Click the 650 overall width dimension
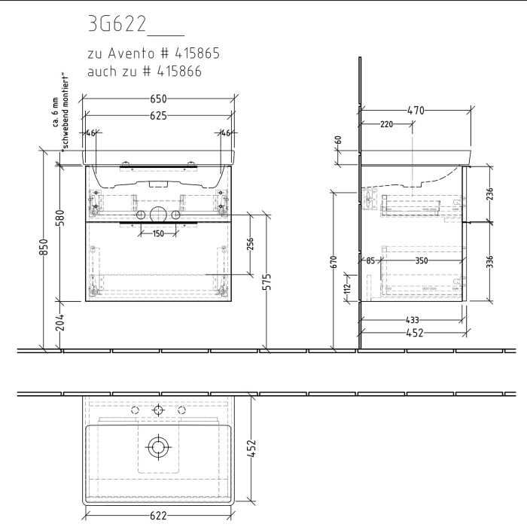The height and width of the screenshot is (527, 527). coord(157,99)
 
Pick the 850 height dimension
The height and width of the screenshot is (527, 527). coord(44,248)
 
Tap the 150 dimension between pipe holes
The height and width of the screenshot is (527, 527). coord(157,233)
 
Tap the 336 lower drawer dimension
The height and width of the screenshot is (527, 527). coord(490,261)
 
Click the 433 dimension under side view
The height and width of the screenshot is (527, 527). coord(412,319)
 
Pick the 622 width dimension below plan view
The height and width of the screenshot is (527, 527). coord(157,516)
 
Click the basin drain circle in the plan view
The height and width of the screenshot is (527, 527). coord(158,447)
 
